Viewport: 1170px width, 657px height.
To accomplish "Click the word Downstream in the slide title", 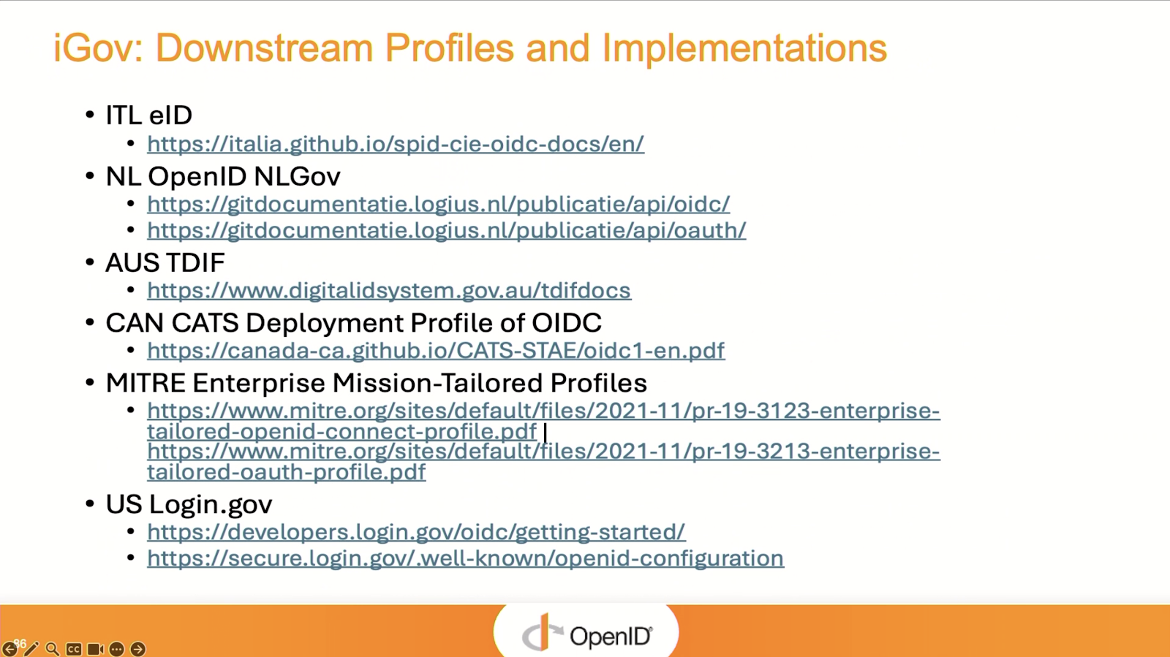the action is click(x=264, y=48).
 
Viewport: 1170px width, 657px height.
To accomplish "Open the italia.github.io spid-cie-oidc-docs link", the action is click(x=396, y=144).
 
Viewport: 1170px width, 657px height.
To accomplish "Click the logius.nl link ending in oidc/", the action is click(x=438, y=204).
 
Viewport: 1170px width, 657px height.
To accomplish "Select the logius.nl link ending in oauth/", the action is click(x=447, y=231).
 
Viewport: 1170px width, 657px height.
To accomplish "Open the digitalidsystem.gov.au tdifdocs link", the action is click(x=389, y=291).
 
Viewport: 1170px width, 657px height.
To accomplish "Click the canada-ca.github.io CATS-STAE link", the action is click(x=436, y=351).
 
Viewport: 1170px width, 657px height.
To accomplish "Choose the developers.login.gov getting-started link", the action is click(x=416, y=532).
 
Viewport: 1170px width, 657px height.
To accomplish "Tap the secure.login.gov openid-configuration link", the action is click(x=465, y=558).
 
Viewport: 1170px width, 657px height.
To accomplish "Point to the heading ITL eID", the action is click(x=149, y=115).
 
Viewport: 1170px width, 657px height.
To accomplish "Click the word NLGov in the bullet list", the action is click(x=297, y=176).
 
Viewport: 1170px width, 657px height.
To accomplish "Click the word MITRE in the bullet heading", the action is click(x=146, y=383).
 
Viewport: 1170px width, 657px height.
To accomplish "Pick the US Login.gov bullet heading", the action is click(x=189, y=504).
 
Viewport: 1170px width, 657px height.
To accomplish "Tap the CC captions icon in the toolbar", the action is click(x=73, y=649).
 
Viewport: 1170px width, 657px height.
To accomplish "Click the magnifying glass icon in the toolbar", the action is click(x=52, y=649).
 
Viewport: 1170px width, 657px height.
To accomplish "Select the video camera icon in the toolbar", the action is click(x=95, y=649).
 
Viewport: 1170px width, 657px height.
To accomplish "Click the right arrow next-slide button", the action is click(x=138, y=649).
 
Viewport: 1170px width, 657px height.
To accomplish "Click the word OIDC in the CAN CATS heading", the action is click(x=567, y=323).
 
